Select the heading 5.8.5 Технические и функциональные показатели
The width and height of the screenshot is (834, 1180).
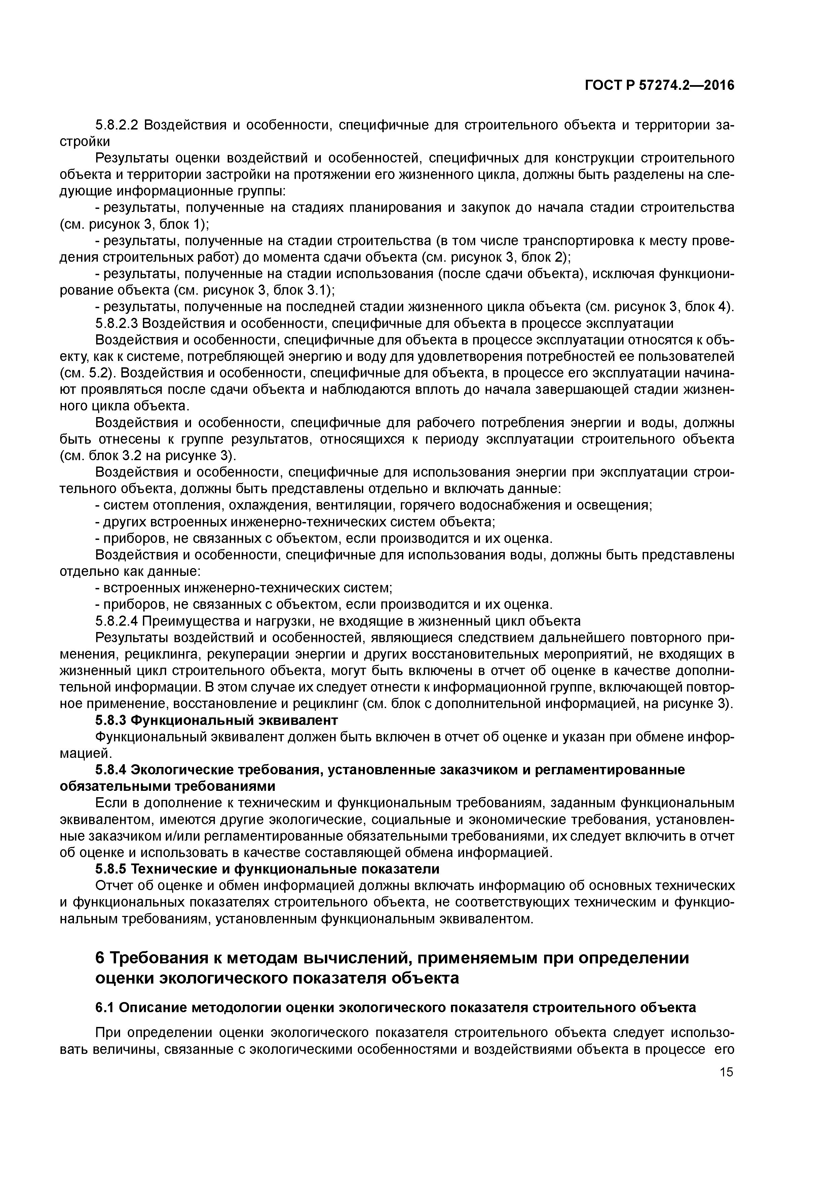pos(267,869)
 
